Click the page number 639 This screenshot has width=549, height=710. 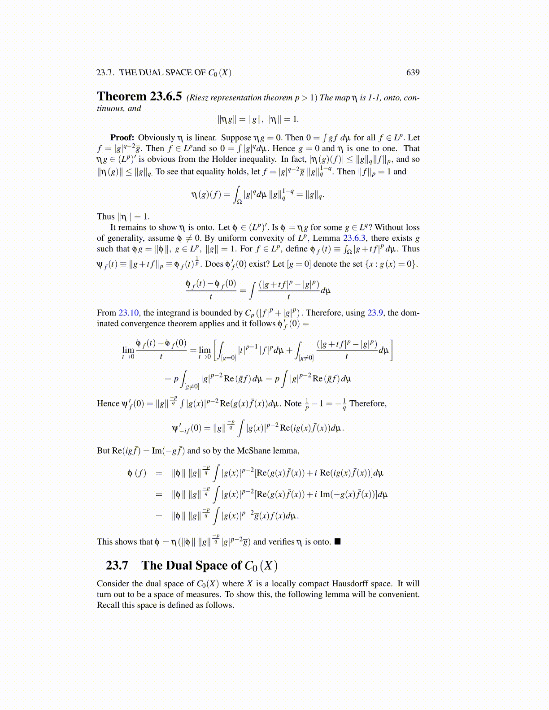(x=413, y=73)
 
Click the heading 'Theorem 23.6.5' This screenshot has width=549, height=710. (x=139, y=96)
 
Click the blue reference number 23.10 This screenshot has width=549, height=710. (x=129, y=313)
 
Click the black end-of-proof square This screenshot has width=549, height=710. (x=338, y=541)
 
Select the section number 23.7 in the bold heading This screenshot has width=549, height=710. (x=117, y=566)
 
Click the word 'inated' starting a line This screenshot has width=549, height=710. (x=108, y=324)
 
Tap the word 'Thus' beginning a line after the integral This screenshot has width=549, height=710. (x=106, y=216)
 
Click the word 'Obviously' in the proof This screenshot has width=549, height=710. (x=156, y=138)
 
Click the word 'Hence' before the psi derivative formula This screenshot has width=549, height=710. (x=108, y=403)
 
